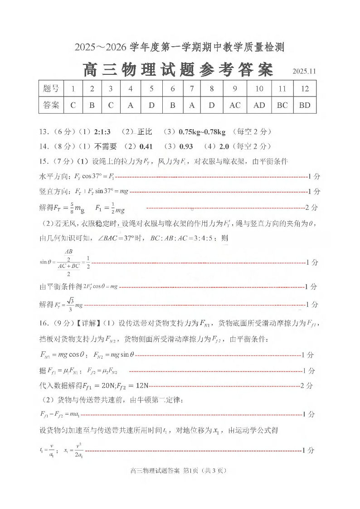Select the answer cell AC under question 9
pos(235,105)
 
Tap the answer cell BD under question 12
pos(305,105)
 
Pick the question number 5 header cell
pos(151,89)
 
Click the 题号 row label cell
pos(51,89)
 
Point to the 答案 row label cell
pos(51,105)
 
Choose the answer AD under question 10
pos(259,105)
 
